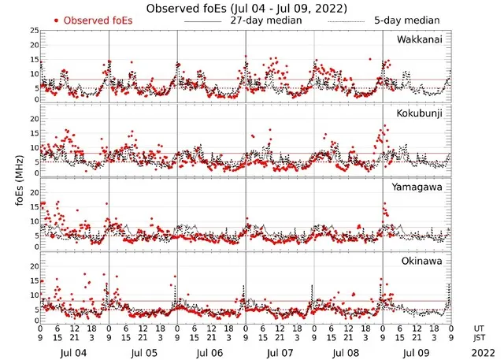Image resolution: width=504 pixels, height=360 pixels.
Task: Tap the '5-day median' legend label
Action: (x=413, y=20)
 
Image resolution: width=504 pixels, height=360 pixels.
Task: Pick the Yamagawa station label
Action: (x=419, y=187)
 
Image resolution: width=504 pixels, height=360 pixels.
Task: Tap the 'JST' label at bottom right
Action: (x=480, y=338)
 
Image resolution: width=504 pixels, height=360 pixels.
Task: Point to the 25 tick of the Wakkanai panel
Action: (x=33, y=31)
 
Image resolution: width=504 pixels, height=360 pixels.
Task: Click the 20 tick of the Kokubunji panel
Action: (x=33, y=118)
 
